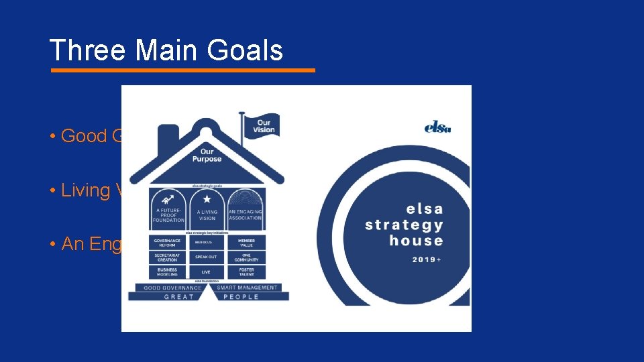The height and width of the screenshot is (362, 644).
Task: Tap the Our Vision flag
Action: [262, 125]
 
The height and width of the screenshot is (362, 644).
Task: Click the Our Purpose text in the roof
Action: [207, 156]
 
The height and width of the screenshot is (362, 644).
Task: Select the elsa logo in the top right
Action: [437, 125]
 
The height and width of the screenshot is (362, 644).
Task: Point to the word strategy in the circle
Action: [404, 225]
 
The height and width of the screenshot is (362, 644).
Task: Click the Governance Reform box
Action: [168, 242]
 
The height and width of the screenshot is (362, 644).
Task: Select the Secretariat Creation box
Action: [168, 257]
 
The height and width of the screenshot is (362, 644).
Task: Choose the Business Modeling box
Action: [168, 271]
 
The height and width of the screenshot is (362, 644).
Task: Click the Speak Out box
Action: [207, 257]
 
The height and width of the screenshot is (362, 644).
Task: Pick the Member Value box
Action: [246, 242]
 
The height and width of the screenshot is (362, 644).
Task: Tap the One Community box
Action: [246, 257]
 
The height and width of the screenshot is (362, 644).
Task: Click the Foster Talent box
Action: [246, 271]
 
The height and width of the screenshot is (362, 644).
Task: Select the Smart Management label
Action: [248, 288]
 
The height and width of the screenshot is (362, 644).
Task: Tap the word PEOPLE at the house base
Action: [241, 296]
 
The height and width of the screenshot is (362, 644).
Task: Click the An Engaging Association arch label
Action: [246, 215]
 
